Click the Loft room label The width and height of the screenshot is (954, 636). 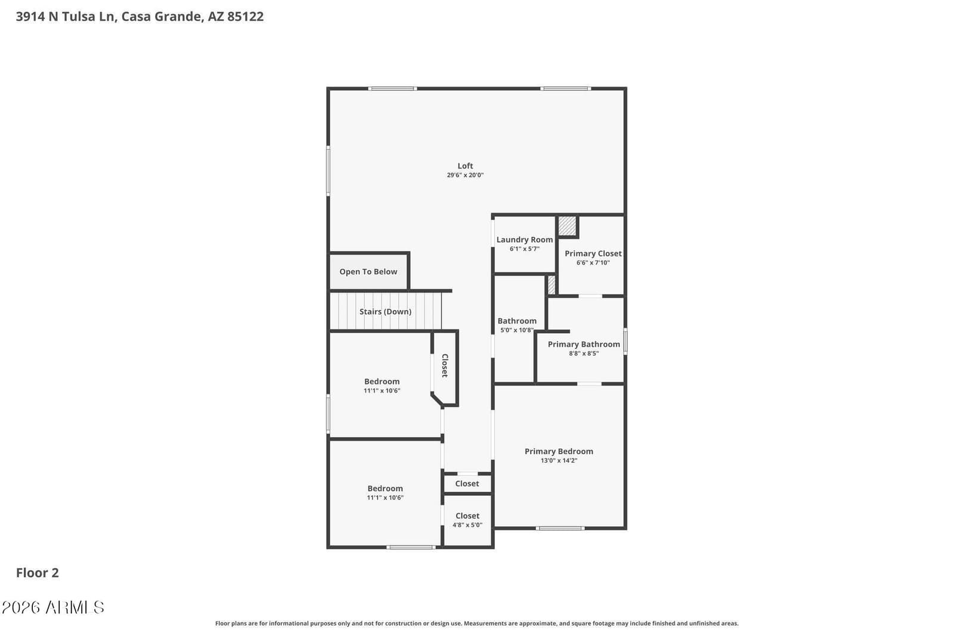(465, 166)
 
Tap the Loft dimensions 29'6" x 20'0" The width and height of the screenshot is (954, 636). (465, 175)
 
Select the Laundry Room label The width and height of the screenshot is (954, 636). (524, 240)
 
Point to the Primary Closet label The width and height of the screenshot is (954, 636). (593, 253)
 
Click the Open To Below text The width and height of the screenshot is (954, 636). (368, 272)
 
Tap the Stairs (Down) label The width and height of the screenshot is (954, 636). (385, 312)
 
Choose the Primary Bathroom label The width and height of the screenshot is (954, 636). (584, 344)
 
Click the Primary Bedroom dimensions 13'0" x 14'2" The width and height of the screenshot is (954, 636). (559, 460)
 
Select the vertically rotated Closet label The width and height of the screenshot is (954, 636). (445, 365)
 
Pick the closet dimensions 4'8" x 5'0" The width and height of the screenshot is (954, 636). (467, 525)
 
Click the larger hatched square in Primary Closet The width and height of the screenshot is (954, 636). (567, 226)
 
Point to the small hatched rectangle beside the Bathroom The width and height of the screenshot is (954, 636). (551, 286)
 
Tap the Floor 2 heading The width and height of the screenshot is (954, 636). (38, 573)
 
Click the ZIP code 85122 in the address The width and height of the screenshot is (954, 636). (245, 17)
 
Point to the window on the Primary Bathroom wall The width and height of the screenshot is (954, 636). (625, 341)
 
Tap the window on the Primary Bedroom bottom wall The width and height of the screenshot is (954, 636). (560, 528)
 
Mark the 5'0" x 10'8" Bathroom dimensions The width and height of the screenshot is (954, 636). (516, 330)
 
